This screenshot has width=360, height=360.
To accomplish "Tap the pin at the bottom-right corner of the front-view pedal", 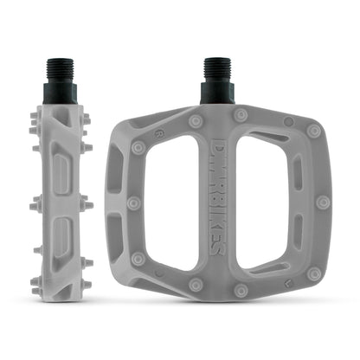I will point(313,273).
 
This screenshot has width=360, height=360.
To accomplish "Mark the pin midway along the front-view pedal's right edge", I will point(324,202).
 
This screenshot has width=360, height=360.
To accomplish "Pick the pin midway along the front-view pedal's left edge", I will point(133,202).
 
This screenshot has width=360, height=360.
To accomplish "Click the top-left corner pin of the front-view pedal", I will point(138,148).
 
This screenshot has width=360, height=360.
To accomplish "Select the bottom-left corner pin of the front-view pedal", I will point(138,258).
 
